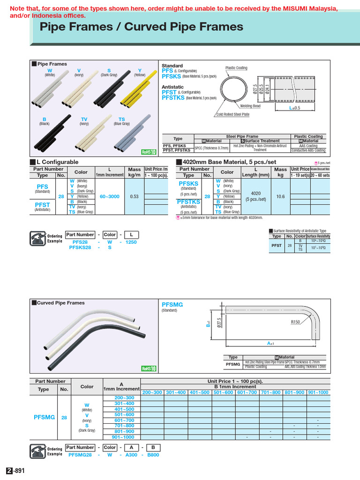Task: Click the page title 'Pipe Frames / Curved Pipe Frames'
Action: click(x=142, y=27)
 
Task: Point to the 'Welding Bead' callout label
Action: click(x=251, y=106)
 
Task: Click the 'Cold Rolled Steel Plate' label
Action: click(x=232, y=115)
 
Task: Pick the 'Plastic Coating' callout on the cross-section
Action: click(x=236, y=68)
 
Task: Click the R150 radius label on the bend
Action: click(x=296, y=322)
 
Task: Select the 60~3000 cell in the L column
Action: click(x=110, y=196)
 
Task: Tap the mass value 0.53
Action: click(x=134, y=196)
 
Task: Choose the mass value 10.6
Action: click(x=280, y=196)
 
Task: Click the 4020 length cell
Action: click(x=256, y=193)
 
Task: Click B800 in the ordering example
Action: click(x=152, y=454)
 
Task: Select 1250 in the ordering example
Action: click(x=131, y=242)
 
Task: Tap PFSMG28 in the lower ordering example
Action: click(x=80, y=454)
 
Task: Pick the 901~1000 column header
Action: click(x=318, y=392)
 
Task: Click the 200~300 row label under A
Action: click(x=124, y=397)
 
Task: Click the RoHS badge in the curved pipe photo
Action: click(x=148, y=368)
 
